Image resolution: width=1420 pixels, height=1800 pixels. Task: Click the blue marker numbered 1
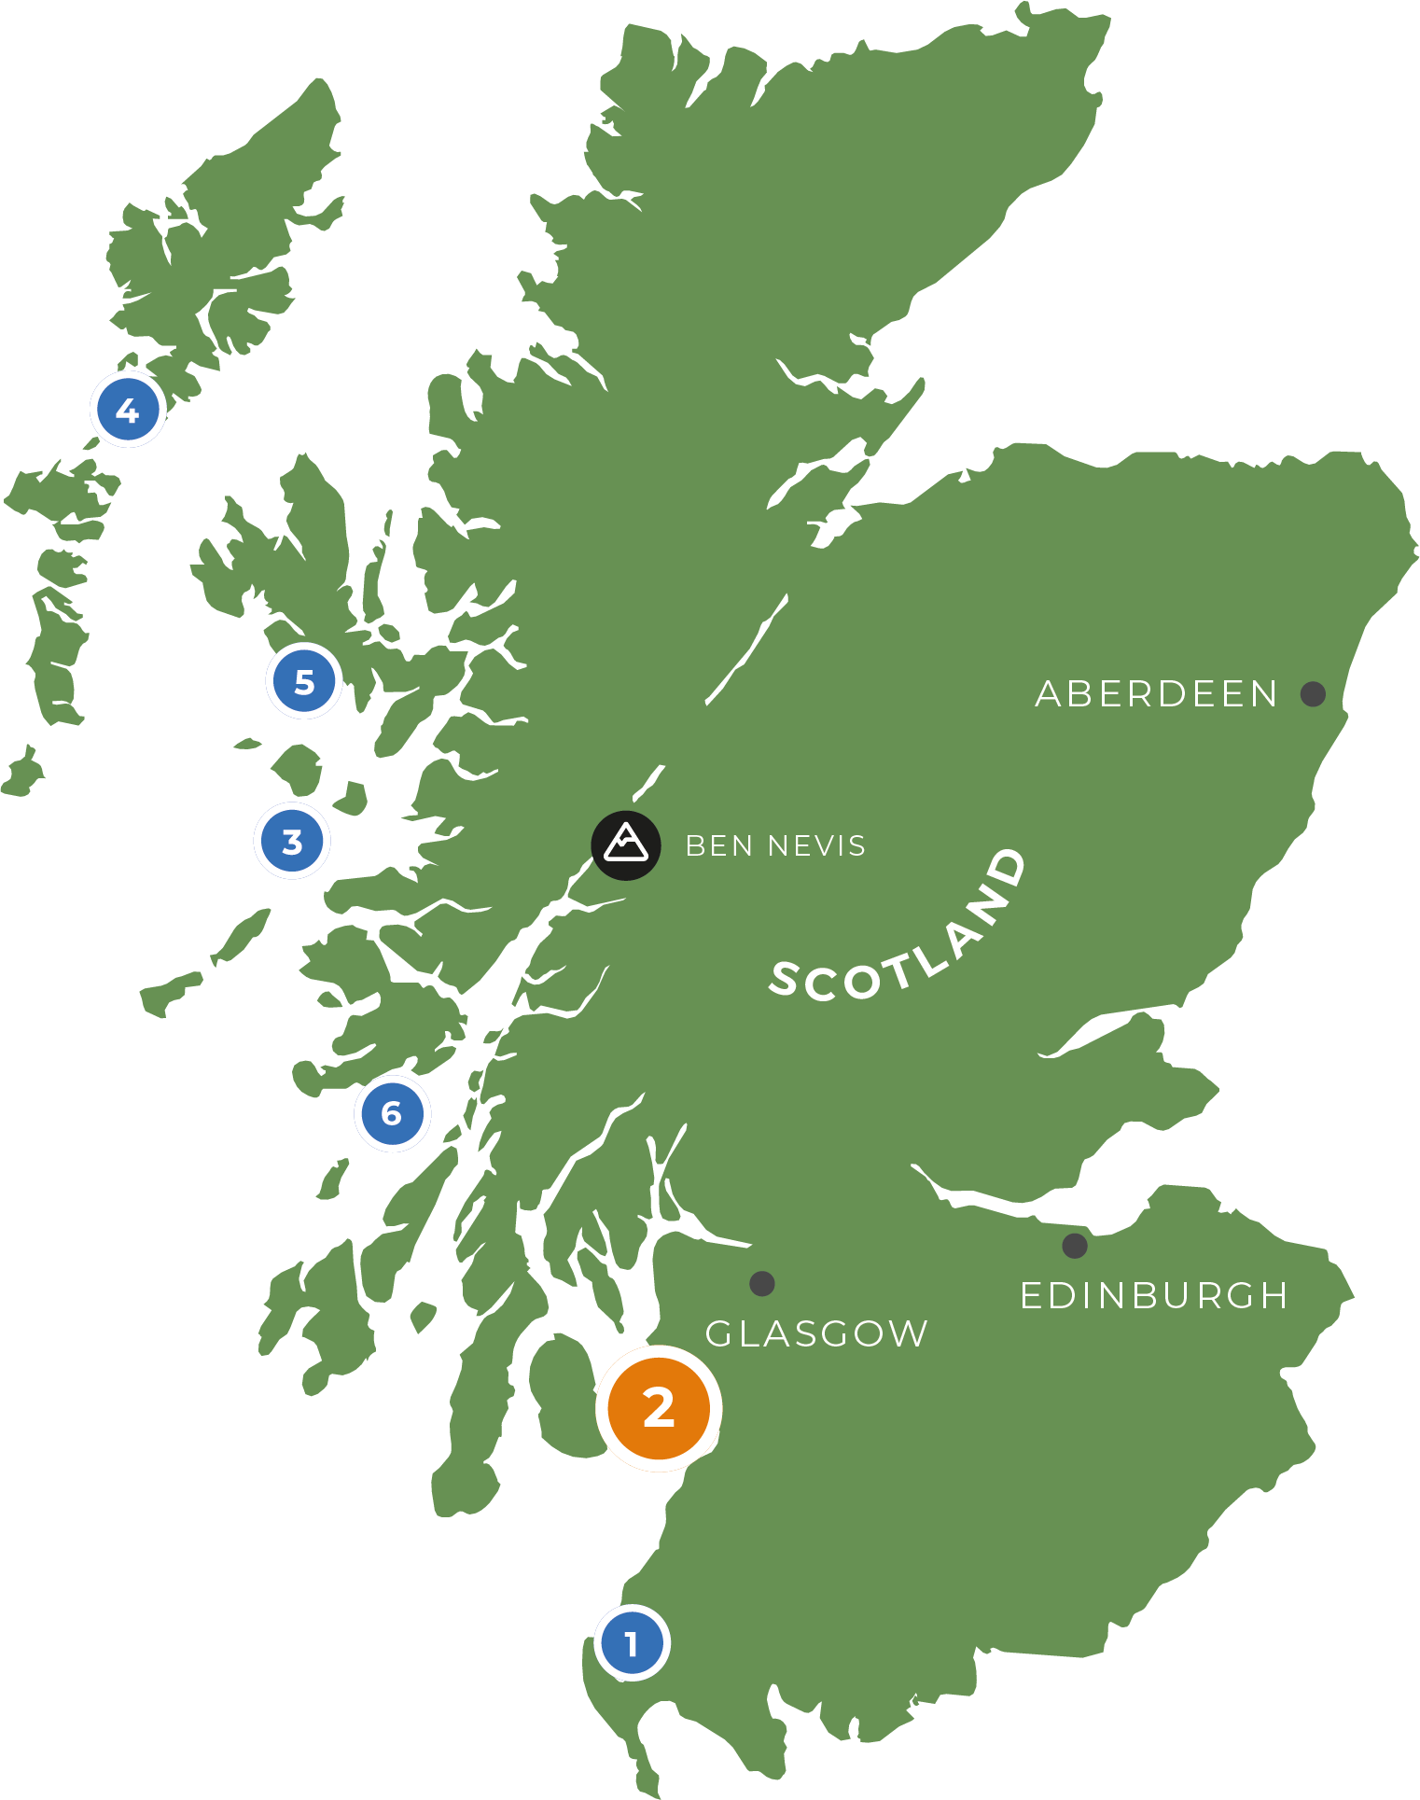(x=633, y=1643)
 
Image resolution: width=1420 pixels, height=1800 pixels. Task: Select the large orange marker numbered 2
(x=659, y=1408)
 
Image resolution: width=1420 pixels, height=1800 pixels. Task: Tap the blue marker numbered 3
(x=292, y=841)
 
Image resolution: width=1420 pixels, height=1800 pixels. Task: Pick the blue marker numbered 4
(x=128, y=410)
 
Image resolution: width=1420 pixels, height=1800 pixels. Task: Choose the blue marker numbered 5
(x=304, y=681)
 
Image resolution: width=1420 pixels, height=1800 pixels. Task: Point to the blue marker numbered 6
(x=392, y=1113)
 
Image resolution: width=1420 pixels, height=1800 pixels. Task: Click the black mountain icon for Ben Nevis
(x=626, y=845)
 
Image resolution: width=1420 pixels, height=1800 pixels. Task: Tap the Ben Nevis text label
(x=775, y=846)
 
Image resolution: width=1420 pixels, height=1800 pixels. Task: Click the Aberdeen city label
(x=1156, y=694)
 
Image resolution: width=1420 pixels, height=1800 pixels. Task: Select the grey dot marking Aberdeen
(x=1313, y=693)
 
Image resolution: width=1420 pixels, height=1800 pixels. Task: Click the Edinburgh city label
(x=1154, y=1296)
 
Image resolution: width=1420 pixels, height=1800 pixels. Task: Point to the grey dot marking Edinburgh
(x=1075, y=1246)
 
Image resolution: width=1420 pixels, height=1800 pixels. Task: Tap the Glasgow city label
(x=816, y=1334)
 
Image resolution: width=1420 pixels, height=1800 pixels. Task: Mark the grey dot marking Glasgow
(x=762, y=1284)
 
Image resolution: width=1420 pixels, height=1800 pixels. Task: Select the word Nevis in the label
(x=817, y=846)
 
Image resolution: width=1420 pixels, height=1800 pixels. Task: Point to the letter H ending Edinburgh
(x=1273, y=1296)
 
